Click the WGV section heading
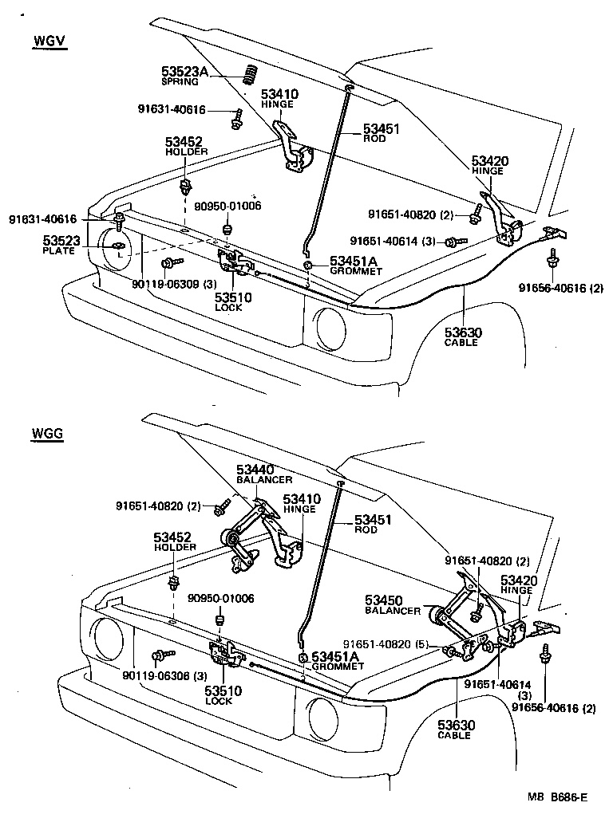(x=49, y=41)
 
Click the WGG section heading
(x=48, y=434)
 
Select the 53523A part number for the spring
(x=184, y=72)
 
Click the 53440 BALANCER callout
(x=263, y=474)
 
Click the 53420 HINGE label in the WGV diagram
(x=489, y=165)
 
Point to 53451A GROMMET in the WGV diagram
(x=356, y=265)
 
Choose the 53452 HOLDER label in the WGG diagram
(x=175, y=542)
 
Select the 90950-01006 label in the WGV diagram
(x=231, y=206)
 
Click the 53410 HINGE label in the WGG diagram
(x=301, y=503)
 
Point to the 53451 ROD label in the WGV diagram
(x=380, y=132)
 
